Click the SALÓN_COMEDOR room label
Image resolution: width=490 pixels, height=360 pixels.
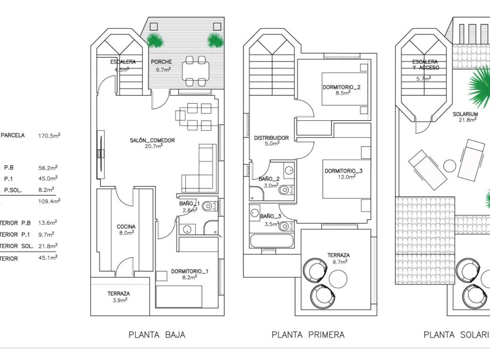pyautogui.click(x=152, y=140)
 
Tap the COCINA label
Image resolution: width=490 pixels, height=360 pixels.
pyautogui.click(x=126, y=226)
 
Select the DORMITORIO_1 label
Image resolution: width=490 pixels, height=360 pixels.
pyautogui.click(x=189, y=271)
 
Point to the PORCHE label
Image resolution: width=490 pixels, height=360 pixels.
pyautogui.click(x=161, y=62)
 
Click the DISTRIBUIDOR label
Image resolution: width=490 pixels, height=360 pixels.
pyautogui.click(x=271, y=138)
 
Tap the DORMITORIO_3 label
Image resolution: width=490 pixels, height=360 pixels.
pyautogui.click(x=344, y=170)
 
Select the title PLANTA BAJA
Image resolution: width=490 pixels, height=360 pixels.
pyautogui.click(x=157, y=335)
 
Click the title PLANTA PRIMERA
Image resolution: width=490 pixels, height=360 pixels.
pyautogui.click(x=308, y=335)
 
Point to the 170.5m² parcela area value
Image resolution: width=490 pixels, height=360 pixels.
pyautogui.click(x=49, y=136)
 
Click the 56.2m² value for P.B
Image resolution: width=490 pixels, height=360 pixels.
pyautogui.click(x=48, y=168)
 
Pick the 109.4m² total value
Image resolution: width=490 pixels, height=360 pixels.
pyautogui.click(x=49, y=201)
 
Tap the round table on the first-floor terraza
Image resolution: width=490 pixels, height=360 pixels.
pyautogui.click(x=339, y=279)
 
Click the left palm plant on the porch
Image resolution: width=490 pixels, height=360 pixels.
pyautogui.click(x=154, y=40)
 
